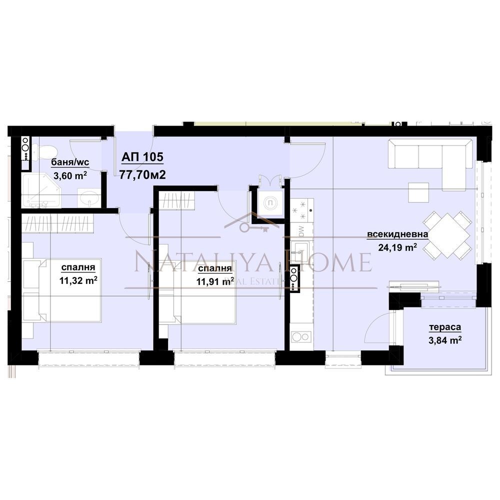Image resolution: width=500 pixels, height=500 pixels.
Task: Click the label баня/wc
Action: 70,162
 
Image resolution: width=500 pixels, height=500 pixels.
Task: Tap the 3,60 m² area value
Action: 70,175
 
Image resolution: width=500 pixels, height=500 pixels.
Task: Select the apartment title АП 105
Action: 142,157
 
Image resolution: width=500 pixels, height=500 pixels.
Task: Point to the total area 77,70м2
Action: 142,174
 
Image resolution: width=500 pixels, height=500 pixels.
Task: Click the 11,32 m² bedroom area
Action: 78,280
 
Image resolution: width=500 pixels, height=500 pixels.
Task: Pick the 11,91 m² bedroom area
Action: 215,281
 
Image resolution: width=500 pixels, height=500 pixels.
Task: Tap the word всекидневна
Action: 397,234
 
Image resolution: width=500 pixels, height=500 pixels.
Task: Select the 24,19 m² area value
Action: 397,247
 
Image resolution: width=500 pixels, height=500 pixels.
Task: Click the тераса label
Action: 445,327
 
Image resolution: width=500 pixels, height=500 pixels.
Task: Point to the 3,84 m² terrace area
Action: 445,340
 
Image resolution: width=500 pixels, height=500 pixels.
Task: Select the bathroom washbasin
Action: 89,197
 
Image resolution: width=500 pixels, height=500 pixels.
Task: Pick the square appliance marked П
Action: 270,203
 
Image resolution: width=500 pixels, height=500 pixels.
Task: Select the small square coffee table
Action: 418,192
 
